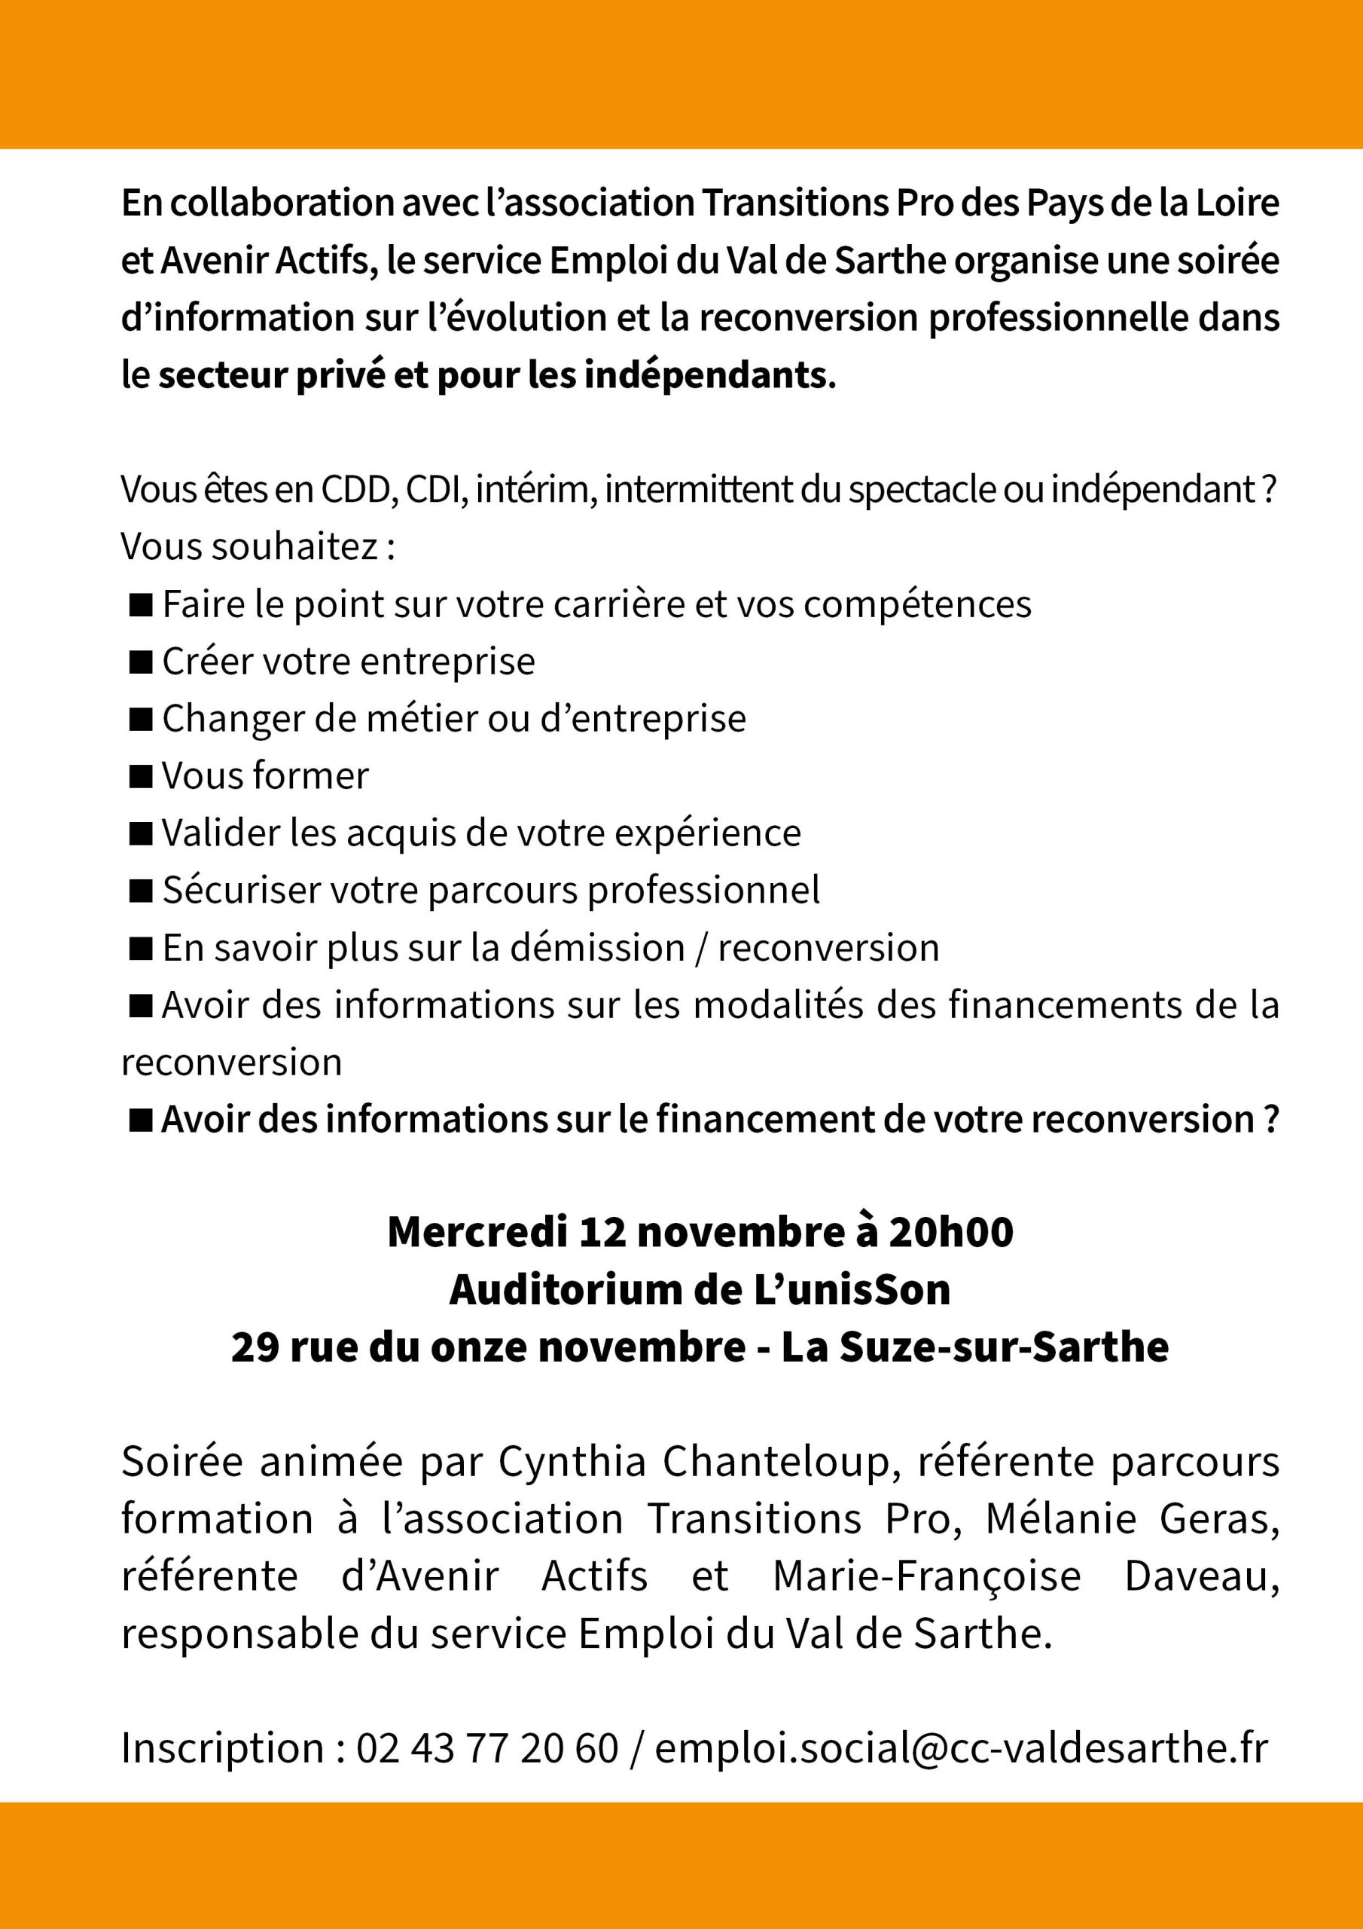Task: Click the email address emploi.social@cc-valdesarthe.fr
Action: click(961, 1748)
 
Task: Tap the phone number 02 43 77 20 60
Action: click(487, 1748)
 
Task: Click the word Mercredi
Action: click(477, 1232)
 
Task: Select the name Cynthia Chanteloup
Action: click(694, 1462)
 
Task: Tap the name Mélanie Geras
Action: click(1132, 1519)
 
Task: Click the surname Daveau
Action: click(1201, 1576)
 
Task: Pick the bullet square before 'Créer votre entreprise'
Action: click(140, 662)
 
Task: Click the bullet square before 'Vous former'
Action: click(140, 776)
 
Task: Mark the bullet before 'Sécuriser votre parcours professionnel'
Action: click(140, 891)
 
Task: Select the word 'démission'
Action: click(597, 948)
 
